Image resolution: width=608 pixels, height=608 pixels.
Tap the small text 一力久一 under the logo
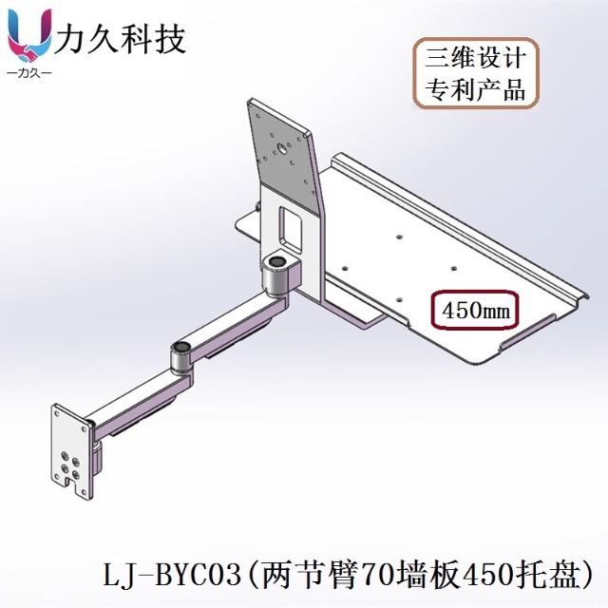[x=28, y=73]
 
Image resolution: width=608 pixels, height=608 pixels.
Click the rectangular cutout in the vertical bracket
[x=289, y=224]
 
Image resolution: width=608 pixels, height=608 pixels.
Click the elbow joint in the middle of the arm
[x=179, y=354]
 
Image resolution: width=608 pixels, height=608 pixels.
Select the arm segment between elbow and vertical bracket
[x=233, y=318]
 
